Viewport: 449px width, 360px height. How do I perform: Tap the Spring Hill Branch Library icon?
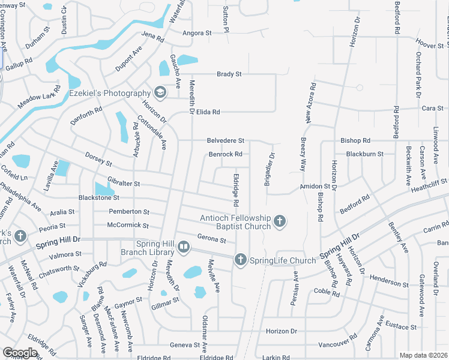[184, 246]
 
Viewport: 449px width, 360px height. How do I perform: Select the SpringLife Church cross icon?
[240, 260]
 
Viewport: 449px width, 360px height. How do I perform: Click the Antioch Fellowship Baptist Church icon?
[279, 222]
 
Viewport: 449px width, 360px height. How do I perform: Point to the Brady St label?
[229, 74]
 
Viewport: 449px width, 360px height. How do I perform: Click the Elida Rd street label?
[208, 112]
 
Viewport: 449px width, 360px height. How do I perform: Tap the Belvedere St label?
[225, 140]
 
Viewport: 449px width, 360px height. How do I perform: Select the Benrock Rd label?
[225, 154]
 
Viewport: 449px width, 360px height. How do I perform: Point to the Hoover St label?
[429, 45]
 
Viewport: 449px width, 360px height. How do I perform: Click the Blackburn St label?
[364, 154]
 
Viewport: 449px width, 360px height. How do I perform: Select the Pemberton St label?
[128, 212]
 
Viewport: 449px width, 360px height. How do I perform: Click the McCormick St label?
[127, 225]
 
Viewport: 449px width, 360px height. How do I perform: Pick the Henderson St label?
[389, 281]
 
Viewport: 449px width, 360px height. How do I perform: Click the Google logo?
[19, 353]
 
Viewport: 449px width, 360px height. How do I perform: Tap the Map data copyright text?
[423, 355]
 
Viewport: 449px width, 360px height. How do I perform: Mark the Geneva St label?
[184, 345]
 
